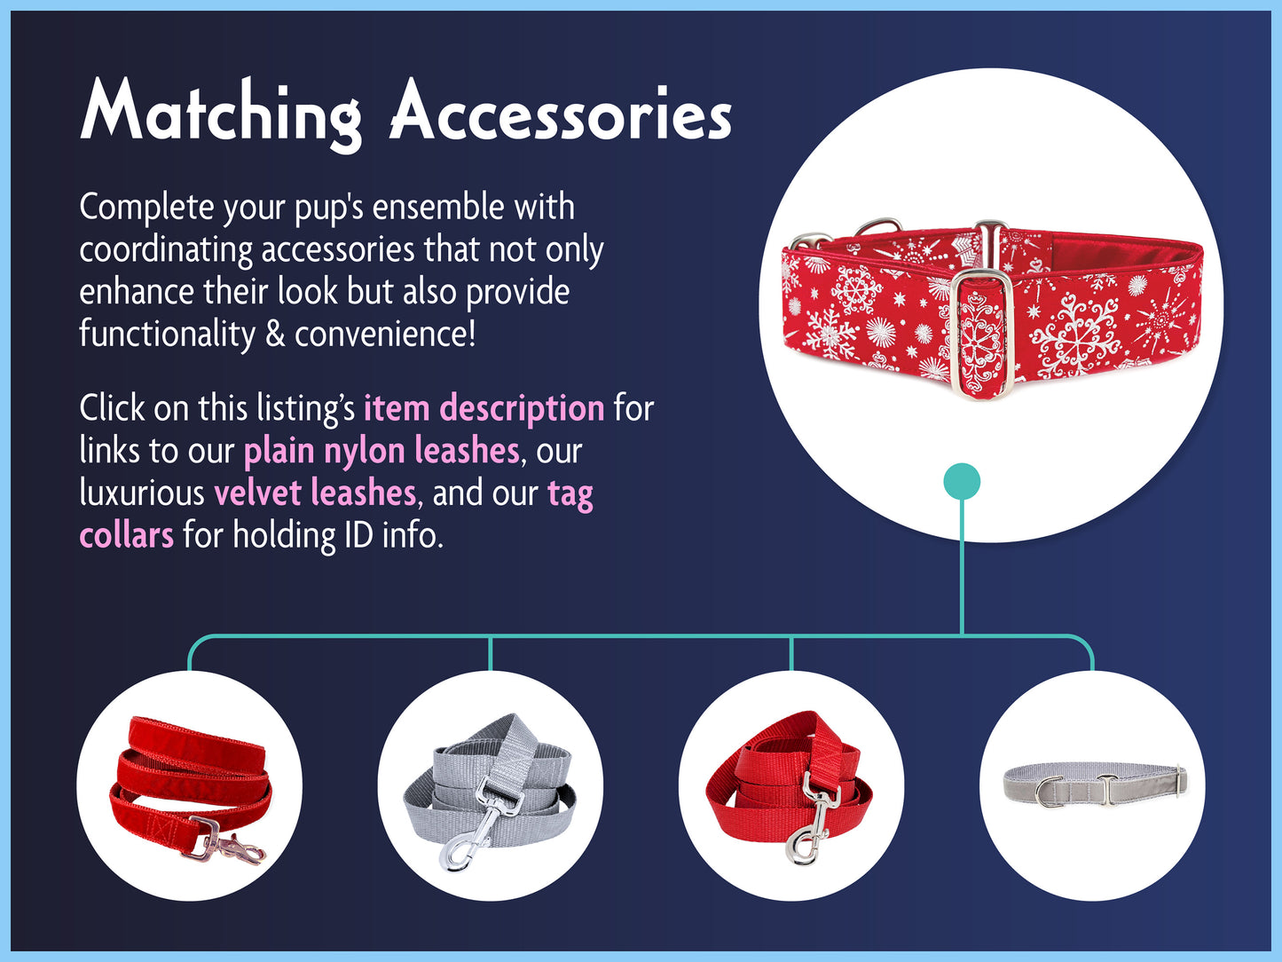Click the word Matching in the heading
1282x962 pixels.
221,114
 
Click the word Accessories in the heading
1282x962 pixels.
561,112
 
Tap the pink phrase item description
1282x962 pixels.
484,407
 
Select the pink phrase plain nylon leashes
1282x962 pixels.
381,450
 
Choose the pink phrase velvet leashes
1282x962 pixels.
315,493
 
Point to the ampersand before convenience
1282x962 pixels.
274,334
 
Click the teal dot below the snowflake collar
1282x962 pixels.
962,481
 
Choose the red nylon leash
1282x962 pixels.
789,783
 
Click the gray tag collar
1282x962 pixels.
1094,784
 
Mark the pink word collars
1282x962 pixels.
126,534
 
